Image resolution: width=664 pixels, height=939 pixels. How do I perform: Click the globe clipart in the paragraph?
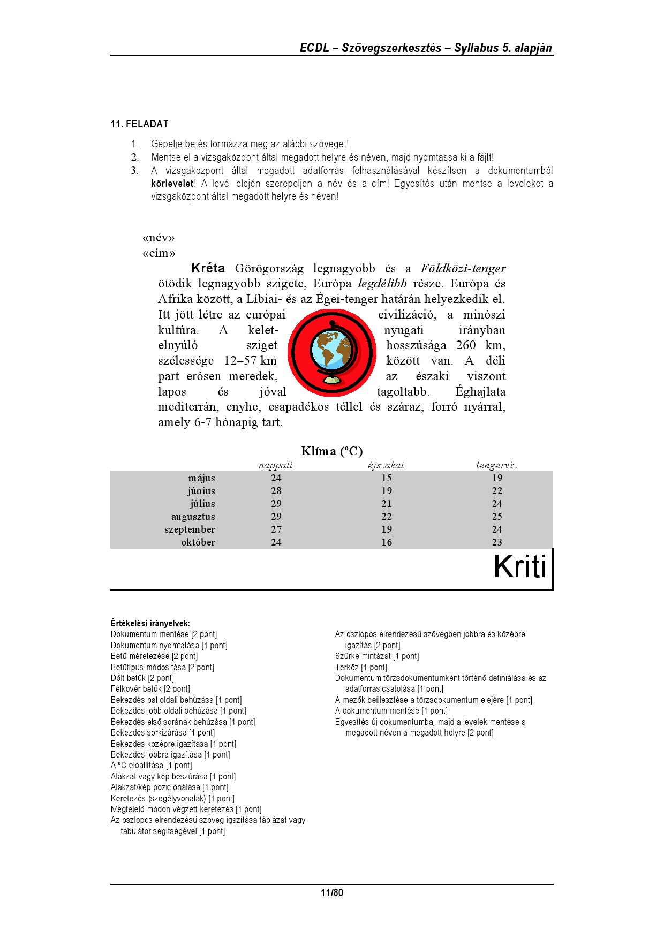[332, 352]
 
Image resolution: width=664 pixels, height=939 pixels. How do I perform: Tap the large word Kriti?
[519, 567]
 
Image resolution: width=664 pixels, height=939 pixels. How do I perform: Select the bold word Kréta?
[208, 268]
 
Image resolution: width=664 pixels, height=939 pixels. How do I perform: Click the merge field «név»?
[159, 238]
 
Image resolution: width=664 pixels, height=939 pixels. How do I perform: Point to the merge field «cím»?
[159, 253]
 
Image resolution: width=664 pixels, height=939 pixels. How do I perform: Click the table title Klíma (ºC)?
[332, 451]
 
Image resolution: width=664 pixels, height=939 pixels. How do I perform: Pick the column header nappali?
[275, 465]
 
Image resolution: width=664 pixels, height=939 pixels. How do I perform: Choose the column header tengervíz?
[496, 465]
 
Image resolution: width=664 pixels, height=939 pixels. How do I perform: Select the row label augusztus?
[193, 517]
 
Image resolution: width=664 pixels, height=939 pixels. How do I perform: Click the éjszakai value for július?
[387, 504]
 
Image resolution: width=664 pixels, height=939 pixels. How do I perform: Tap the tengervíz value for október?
[497, 542]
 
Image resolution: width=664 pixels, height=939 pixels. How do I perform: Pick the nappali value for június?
[276, 491]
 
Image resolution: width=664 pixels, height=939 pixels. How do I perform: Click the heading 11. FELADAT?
[140, 124]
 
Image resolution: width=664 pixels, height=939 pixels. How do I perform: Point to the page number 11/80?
[332, 892]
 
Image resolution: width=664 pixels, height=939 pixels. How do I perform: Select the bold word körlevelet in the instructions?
[172, 184]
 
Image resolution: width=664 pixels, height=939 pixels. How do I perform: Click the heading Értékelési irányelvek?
[150, 623]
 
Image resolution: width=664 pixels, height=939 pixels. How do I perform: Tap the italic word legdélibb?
[382, 284]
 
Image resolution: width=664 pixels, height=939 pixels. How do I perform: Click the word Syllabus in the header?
[476, 48]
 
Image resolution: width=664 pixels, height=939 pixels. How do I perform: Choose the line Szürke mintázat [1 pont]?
[377, 656]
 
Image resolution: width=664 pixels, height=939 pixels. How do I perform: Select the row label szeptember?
[190, 529]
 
